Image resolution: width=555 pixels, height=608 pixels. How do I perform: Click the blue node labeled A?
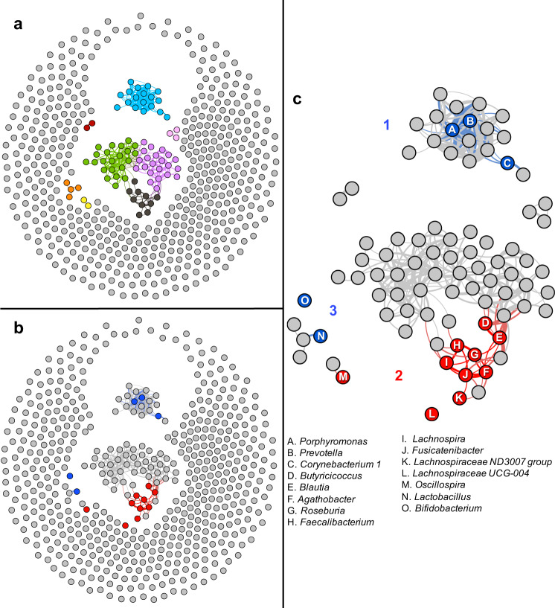point(451,129)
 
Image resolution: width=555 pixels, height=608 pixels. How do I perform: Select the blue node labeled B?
point(470,121)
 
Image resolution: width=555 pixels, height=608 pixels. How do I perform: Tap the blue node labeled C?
point(507,161)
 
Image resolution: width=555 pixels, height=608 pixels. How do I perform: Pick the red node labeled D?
point(485,323)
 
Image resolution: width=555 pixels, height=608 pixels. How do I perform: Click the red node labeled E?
point(500,338)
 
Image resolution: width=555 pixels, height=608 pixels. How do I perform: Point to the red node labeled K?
point(460,398)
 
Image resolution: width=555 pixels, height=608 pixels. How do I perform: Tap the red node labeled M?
point(342,377)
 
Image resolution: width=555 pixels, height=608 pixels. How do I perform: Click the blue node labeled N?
point(321,336)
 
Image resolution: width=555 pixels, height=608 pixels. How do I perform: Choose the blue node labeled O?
point(304,300)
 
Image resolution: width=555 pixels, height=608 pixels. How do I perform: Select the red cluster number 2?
point(398,375)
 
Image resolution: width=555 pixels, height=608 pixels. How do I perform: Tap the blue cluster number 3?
point(334,310)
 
